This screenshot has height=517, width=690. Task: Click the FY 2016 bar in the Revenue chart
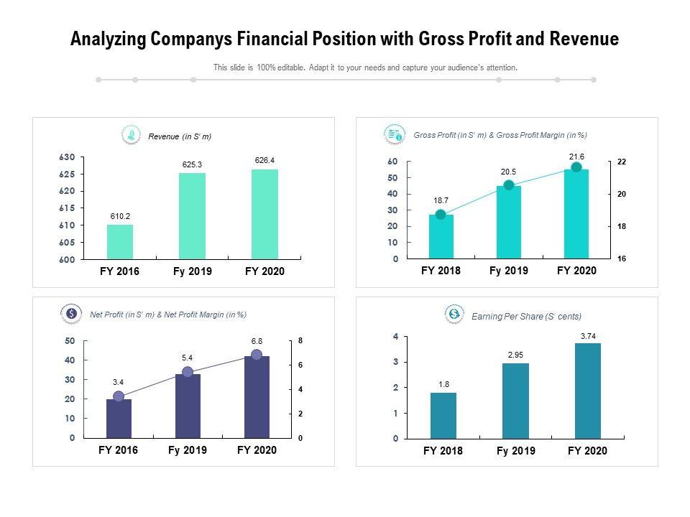coord(120,241)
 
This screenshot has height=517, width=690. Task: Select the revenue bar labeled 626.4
coord(264,214)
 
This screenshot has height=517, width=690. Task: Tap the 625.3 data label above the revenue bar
coord(192,164)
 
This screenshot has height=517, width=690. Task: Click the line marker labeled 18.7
coord(441,214)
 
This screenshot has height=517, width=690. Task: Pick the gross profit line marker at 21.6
coord(576,167)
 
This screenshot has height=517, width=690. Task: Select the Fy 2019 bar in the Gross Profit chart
coord(509,222)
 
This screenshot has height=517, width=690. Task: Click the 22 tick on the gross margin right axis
coord(622,162)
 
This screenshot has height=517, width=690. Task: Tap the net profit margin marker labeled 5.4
coord(188,372)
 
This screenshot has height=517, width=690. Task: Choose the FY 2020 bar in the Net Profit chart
coord(257,397)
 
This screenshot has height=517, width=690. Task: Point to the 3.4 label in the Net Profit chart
coord(119,382)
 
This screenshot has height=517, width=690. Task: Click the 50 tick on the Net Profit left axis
coord(70,340)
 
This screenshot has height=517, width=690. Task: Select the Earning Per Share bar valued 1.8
coord(443,415)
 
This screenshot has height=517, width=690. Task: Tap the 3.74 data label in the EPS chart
coord(588,336)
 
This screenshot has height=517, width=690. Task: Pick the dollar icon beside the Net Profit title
coord(71,314)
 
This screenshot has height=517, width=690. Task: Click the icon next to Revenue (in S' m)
coord(131,134)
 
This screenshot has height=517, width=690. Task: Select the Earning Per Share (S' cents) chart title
coord(526,316)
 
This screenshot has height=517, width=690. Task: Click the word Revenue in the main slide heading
coord(584,39)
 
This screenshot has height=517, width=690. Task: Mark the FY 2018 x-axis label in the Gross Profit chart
coord(441,271)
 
